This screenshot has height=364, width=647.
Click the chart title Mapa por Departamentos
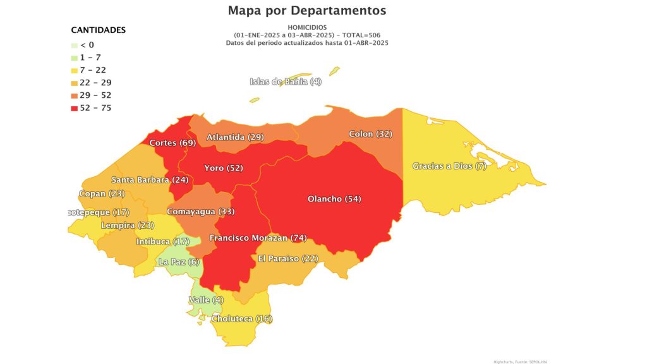[306, 11]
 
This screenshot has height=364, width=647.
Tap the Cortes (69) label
[172, 143]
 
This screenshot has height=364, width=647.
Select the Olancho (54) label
[334, 199]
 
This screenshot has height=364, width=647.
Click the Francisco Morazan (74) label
[258, 238]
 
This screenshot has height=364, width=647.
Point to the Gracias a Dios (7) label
[449, 166]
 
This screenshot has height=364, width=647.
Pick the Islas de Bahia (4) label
[286, 82]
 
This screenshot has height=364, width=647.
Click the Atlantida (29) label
[235, 137]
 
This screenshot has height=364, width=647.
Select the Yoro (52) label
[224, 168]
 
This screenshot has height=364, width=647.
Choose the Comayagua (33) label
[200, 211]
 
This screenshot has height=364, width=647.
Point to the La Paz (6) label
[179, 262]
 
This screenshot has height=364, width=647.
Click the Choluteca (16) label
[242, 318]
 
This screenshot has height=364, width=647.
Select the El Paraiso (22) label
[288, 258]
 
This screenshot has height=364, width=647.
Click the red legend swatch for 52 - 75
[75, 108]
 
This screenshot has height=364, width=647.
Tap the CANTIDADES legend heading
[98, 30]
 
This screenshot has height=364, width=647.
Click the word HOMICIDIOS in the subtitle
[307, 28]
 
